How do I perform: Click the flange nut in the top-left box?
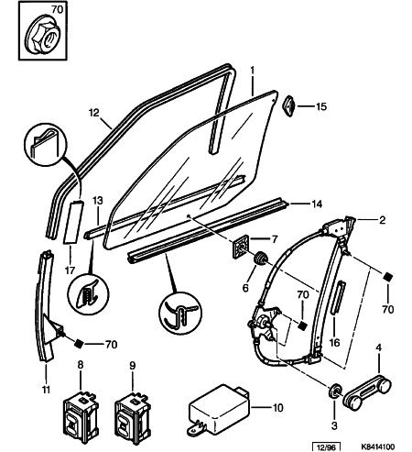point(42,39)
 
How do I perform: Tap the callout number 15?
point(321,106)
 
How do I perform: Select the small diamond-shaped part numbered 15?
point(289,105)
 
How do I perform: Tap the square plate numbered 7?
point(241,247)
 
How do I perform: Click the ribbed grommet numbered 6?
point(261,259)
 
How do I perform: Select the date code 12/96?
point(326,447)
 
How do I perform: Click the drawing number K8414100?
point(377,447)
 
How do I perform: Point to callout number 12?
point(94,113)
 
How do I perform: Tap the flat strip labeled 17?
point(72,222)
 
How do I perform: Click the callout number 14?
point(317,204)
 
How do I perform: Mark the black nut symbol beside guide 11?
point(79,344)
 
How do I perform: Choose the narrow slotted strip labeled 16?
point(339,297)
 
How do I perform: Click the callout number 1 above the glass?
point(252,71)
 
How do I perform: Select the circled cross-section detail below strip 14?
point(180,313)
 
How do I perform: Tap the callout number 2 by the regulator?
point(383,220)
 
